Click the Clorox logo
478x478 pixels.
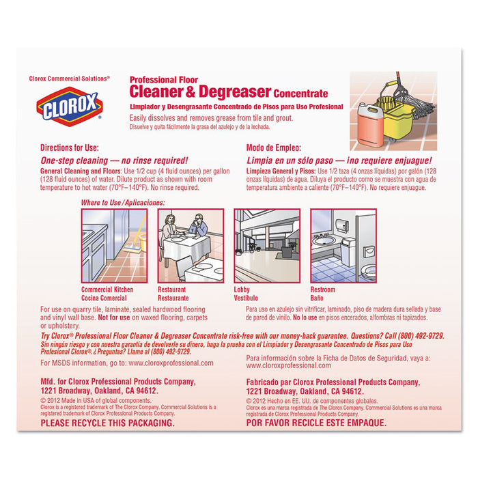[x=70, y=107]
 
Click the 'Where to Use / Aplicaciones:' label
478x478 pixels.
[x=123, y=203]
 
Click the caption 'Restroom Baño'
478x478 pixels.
[x=323, y=294]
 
